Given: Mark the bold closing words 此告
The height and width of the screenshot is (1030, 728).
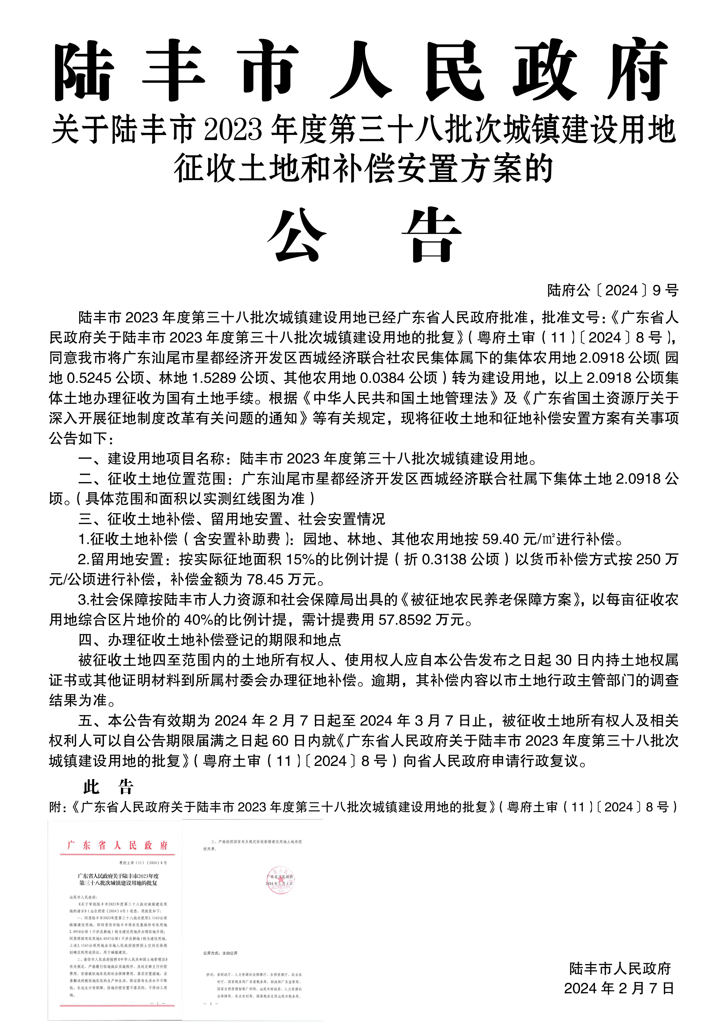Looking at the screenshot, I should [108, 786].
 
